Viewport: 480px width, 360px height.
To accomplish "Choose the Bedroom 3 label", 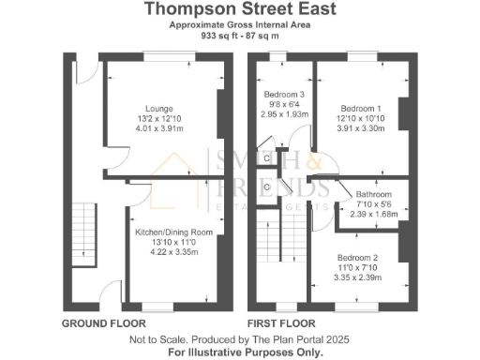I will tap(283, 96).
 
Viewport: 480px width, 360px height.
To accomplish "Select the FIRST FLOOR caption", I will tap(278, 322).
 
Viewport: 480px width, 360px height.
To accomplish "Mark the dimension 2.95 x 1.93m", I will tap(283, 114).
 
